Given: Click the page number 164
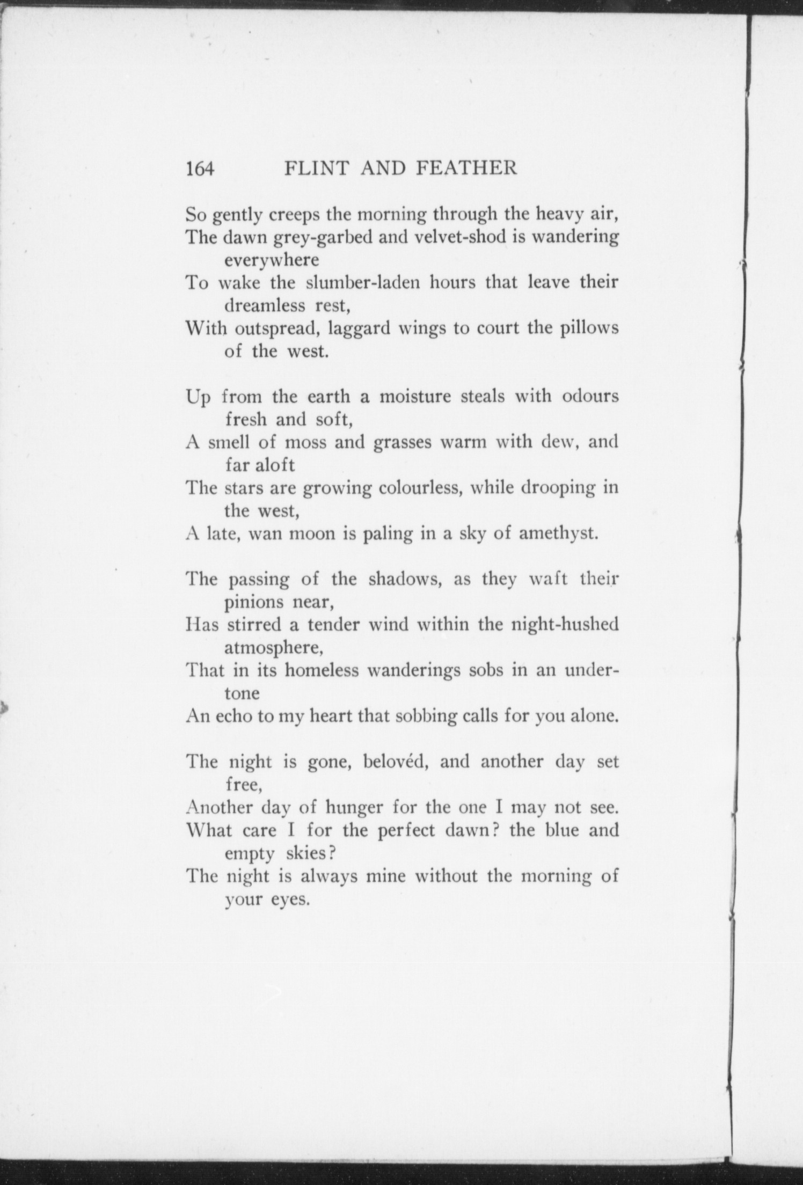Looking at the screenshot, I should click(200, 169).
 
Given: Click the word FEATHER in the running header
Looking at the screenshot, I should click(466, 169).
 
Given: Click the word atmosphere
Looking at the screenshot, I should click(273, 648).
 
